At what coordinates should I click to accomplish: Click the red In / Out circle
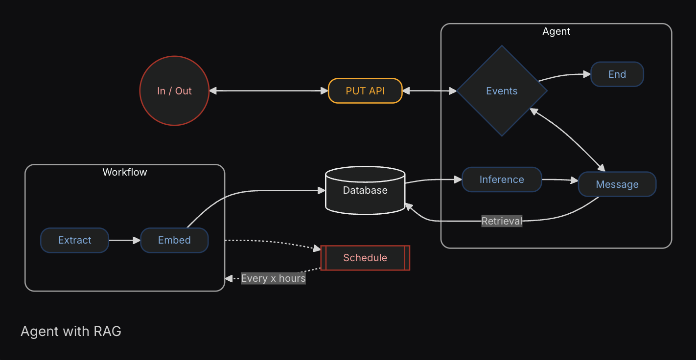[x=174, y=91]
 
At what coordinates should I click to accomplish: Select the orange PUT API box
[x=365, y=91]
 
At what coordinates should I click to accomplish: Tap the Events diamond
[x=502, y=91]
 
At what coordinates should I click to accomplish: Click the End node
[x=617, y=74]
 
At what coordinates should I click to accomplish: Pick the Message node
[x=617, y=184]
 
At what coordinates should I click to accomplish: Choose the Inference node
[x=502, y=180]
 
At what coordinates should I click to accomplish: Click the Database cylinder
[x=365, y=191]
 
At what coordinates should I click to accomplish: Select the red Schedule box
[x=365, y=258]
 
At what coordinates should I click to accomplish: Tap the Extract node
[x=74, y=240]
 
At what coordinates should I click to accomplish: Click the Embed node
[x=174, y=240]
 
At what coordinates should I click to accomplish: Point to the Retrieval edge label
[x=502, y=221]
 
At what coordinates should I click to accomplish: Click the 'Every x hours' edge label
[x=273, y=278]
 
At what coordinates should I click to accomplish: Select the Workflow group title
[x=125, y=172]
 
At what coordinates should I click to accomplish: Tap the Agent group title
[x=557, y=31]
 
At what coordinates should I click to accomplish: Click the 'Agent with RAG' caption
[x=71, y=331]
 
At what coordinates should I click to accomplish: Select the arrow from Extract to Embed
[x=124, y=240]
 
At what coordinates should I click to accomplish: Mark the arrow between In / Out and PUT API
[x=268, y=91]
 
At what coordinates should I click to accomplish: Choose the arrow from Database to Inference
[x=434, y=180]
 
